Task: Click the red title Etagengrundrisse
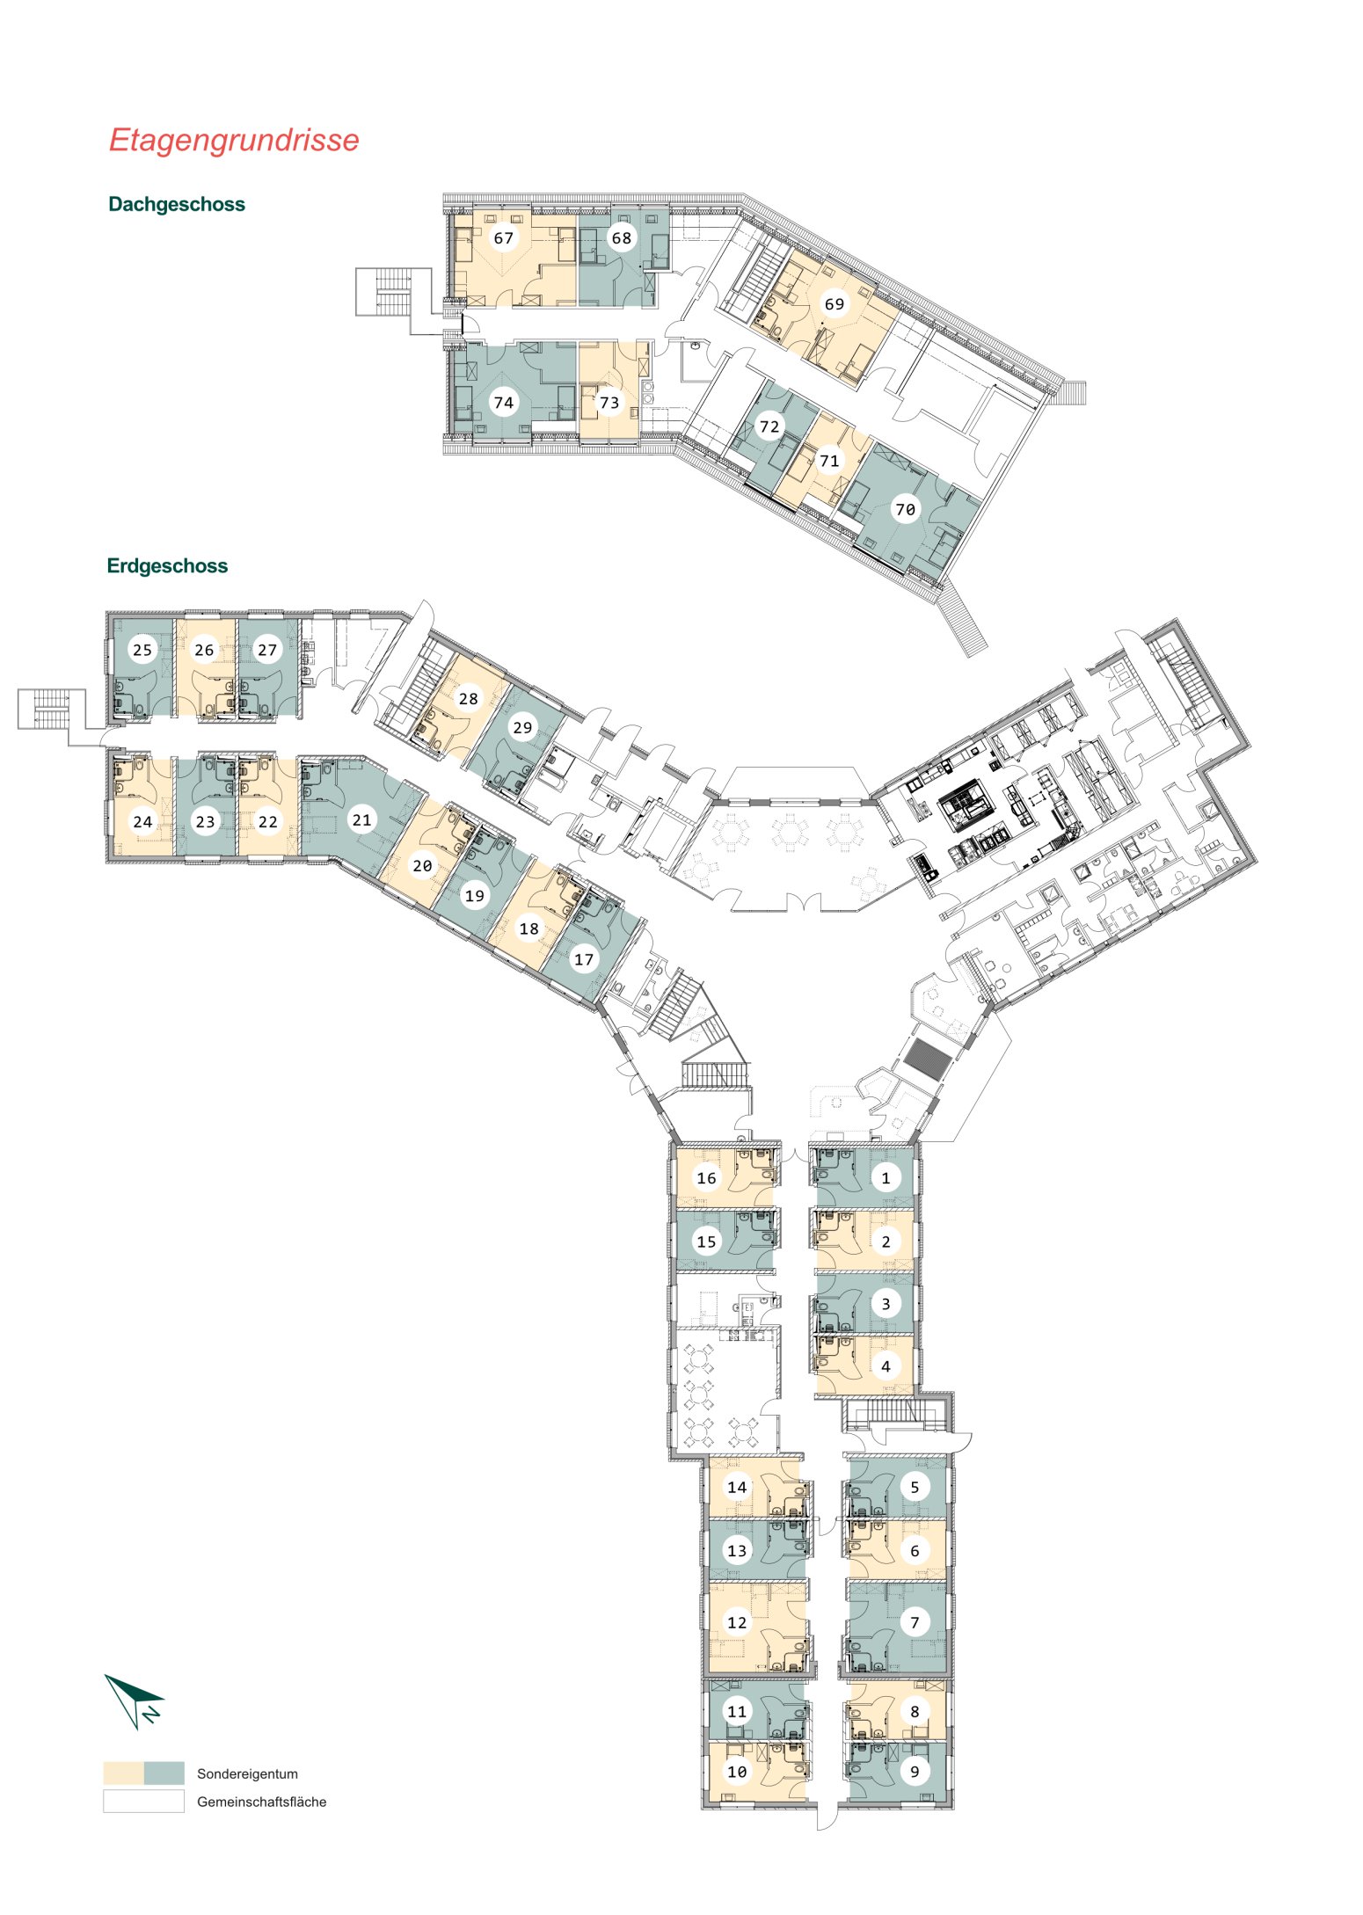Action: point(234,141)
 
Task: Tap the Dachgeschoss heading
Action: point(177,205)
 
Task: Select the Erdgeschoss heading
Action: point(167,566)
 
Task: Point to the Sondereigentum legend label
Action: point(247,1773)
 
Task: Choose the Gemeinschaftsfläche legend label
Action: point(261,1802)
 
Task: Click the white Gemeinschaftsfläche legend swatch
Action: point(143,1801)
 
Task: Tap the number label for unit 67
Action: point(504,238)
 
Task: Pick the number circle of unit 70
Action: point(905,509)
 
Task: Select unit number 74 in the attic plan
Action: point(504,403)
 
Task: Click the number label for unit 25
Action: point(142,650)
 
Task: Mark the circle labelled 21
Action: point(361,820)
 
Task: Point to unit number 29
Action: point(523,727)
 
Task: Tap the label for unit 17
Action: point(584,959)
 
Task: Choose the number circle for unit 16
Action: point(706,1178)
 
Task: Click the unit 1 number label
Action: point(886,1178)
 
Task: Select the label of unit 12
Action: point(737,1622)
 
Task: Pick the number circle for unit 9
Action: point(915,1772)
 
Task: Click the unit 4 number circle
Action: point(886,1366)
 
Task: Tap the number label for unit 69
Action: point(835,304)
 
